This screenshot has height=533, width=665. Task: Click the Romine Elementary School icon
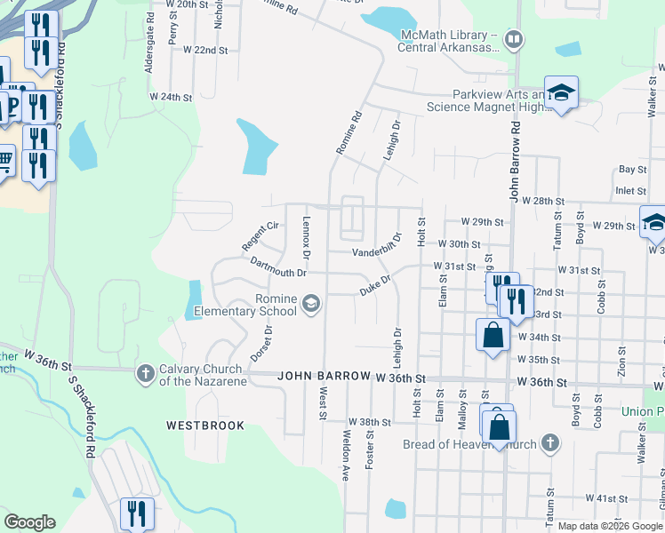310,305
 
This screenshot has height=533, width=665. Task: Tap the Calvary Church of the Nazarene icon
146,374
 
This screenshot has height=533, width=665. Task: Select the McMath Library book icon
513,39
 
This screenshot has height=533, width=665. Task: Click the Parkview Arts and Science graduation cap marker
561,93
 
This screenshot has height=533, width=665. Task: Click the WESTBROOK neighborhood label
205,426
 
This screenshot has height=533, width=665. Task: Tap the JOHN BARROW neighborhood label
323,376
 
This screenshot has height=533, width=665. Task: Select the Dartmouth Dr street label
278,267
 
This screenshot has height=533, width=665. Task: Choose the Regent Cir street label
260,236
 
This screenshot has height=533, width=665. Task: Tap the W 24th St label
171,96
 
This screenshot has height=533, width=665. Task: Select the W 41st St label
607,499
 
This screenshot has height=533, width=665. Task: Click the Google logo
29,522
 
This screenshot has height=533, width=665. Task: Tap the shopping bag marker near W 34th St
493,335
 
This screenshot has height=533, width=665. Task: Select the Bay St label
632,169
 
